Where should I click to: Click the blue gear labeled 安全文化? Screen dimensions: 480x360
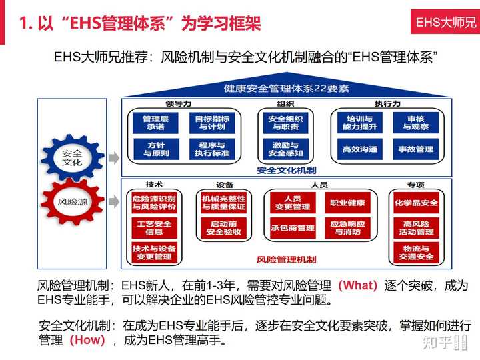(72, 157)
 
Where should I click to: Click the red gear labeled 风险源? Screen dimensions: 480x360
(72, 200)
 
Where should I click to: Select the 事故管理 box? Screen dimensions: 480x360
(415, 149)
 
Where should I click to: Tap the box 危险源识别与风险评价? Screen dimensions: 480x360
(154, 203)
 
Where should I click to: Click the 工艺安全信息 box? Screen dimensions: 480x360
(154, 227)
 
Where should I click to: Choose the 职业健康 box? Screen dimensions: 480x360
(347, 203)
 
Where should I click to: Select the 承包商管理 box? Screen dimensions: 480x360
(292, 228)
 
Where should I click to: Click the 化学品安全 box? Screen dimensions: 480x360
(416, 203)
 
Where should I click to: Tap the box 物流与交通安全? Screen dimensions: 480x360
(416, 252)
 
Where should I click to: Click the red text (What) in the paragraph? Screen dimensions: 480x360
(358, 285)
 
